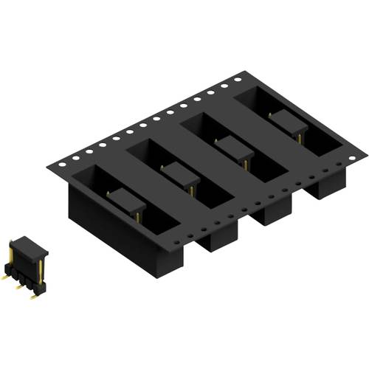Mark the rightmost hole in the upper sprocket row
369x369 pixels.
tap(238, 77)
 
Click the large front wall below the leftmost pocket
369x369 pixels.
tap(118, 236)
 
